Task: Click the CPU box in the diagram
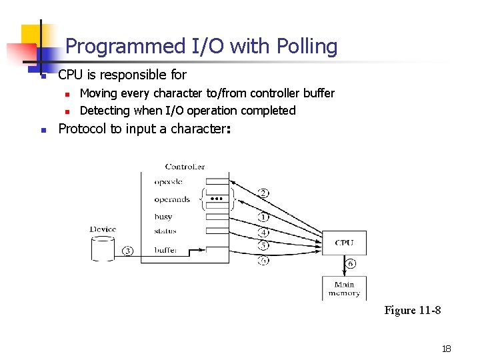tap(344, 243)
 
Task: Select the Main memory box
tap(344, 288)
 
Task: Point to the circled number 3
tap(128, 251)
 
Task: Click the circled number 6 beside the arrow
tap(351, 263)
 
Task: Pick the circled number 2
tap(263, 193)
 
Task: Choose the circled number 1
tap(263, 217)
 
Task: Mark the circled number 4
tap(263, 233)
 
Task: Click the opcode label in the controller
tap(168, 182)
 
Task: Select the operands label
tap(172, 199)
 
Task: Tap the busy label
tap(163, 217)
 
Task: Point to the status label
tap(165, 231)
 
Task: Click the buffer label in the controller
tap(165, 251)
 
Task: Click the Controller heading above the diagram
tap(185, 167)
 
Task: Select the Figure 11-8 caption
tap(413, 311)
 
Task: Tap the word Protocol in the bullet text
tap(83, 129)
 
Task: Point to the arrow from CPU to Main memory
tap(344, 264)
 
